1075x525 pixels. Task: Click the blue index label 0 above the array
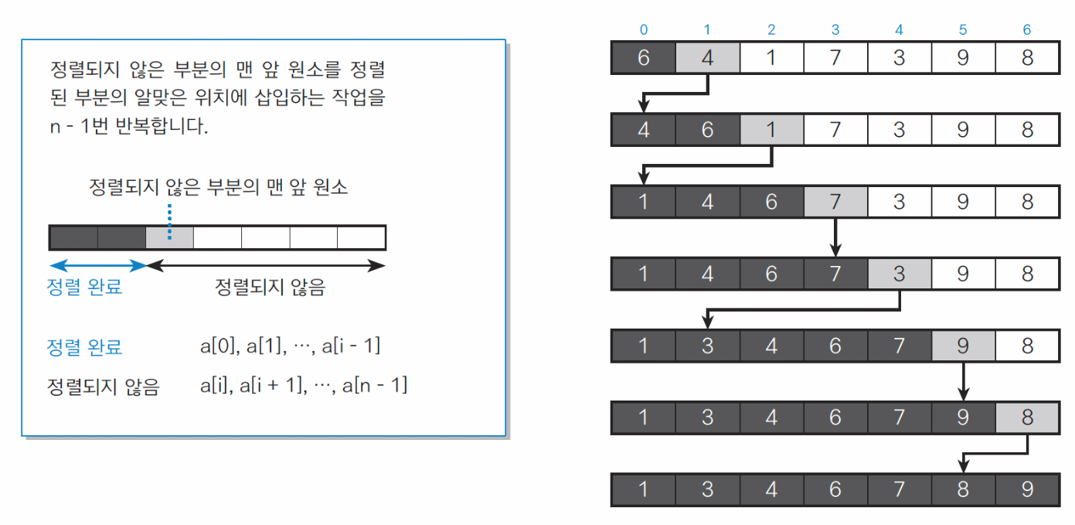tap(644, 30)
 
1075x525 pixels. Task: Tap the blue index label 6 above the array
tap(1026, 30)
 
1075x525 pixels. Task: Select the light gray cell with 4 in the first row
tap(707, 58)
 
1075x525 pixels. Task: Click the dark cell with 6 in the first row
tap(644, 58)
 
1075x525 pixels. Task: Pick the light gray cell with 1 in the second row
tap(771, 129)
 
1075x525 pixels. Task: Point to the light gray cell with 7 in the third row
tap(835, 201)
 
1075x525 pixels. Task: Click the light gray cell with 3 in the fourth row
tap(899, 273)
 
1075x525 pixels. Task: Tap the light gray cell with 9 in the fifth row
tap(962, 346)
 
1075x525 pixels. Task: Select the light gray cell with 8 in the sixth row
tap(1026, 418)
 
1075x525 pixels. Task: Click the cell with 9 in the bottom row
tap(1026, 489)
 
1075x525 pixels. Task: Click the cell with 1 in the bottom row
tap(644, 489)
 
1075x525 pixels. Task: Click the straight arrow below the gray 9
tap(962, 381)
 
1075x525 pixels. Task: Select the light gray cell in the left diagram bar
tap(169, 237)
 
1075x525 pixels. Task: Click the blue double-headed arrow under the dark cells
tap(97, 265)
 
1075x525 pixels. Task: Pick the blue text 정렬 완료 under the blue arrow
tap(84, 288)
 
